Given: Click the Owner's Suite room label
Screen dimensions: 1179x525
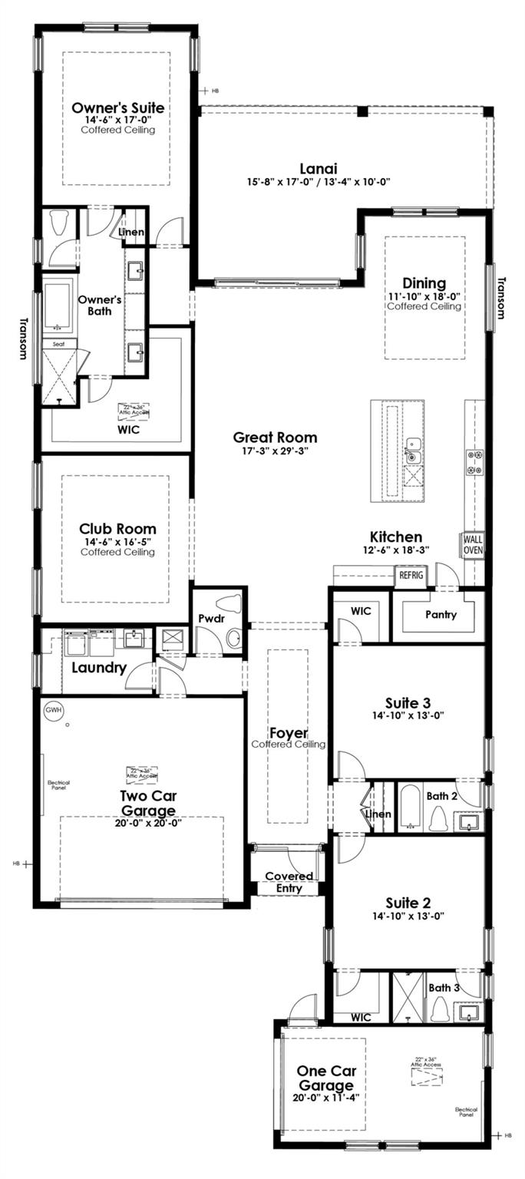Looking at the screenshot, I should [x=117, y=107].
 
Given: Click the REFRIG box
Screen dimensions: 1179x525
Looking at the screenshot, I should [x=411, y=575].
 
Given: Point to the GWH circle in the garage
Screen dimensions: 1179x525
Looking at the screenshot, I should [x=53, y=710].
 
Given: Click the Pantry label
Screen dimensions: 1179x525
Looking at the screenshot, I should [x=441, y=614].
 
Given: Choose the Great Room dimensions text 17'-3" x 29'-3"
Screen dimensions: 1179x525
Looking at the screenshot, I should [x=275, y=452].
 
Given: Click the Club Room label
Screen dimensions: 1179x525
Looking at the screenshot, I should [x=117, y=529].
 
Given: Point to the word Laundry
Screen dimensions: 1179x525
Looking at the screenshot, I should [x=99, y=668].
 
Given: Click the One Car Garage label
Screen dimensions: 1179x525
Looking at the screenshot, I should [x=326, y=1078].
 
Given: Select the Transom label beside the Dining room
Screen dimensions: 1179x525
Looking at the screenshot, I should [x=502, y=297].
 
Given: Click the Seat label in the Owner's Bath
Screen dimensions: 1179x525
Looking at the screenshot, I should [x=59, y=345].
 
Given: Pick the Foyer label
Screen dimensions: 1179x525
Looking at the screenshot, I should [x=288, y=734].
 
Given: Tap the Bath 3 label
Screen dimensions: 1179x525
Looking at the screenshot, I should [x=444, y=988].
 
